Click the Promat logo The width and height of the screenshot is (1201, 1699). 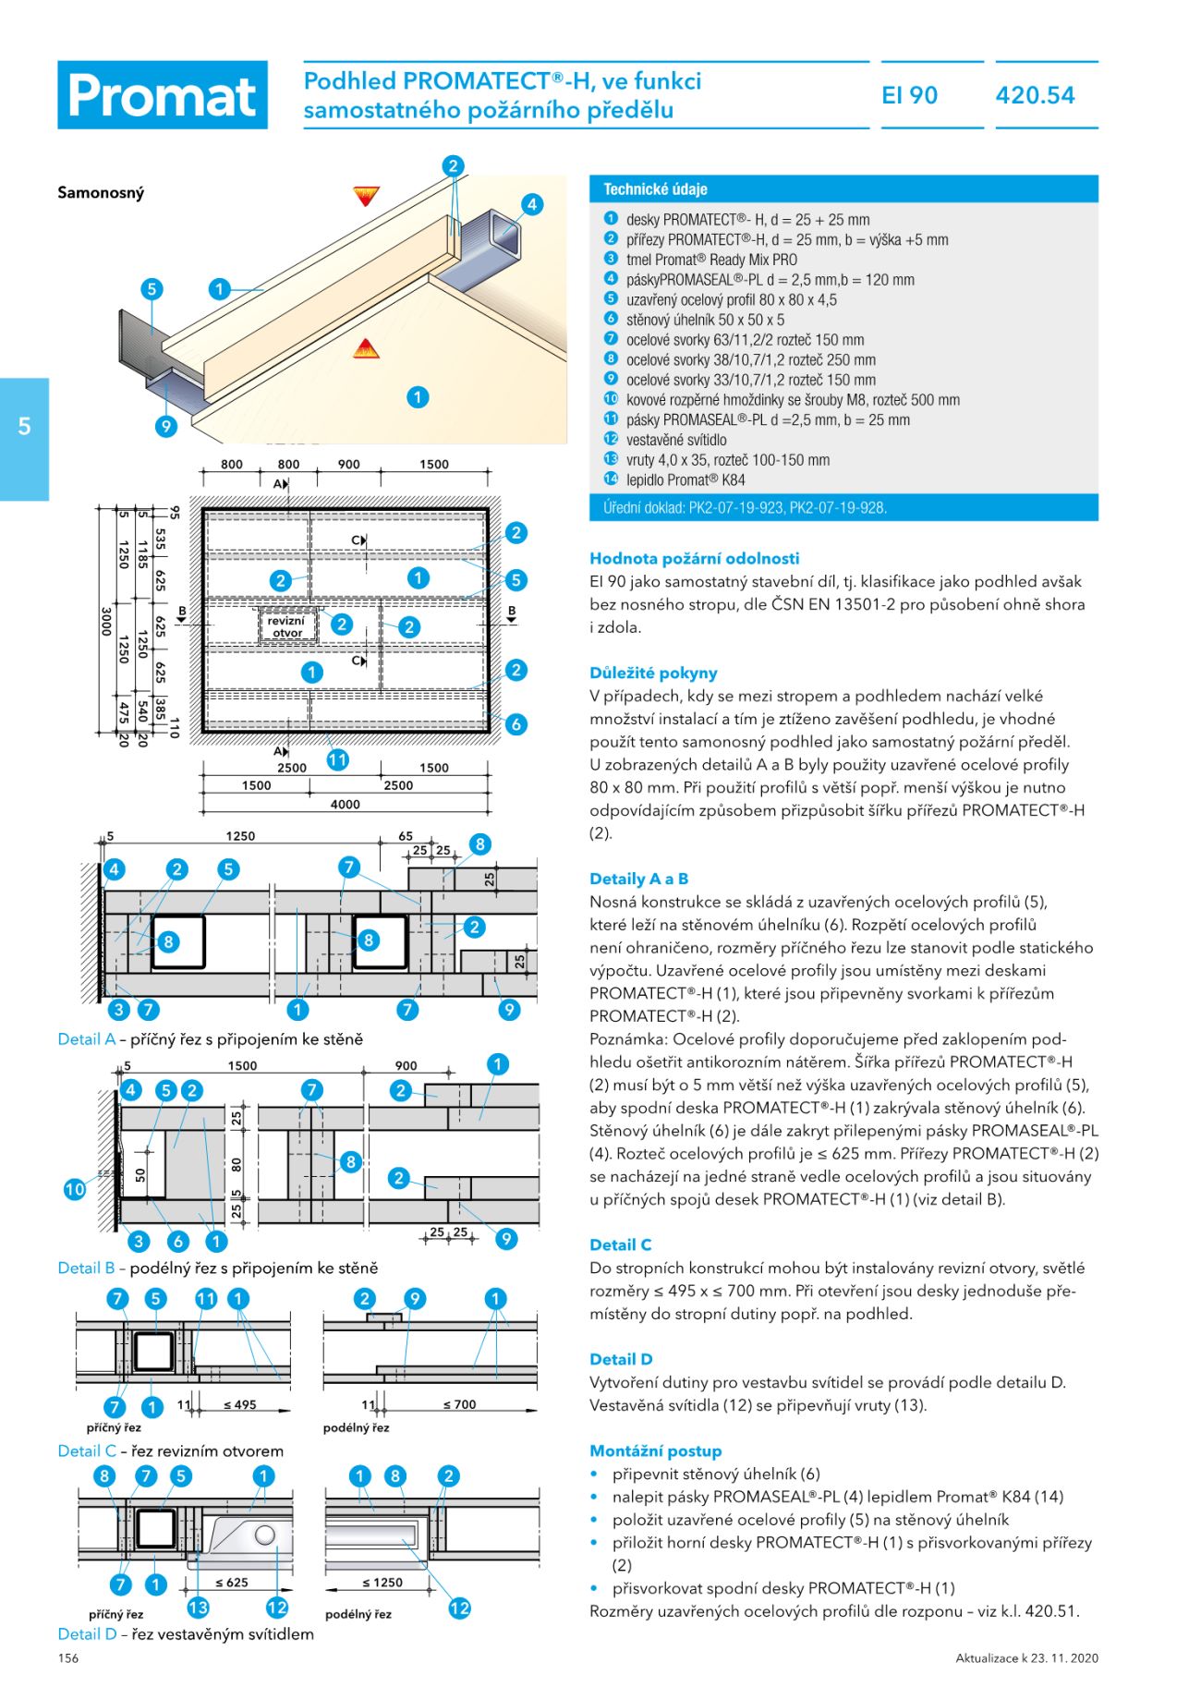(163, 95)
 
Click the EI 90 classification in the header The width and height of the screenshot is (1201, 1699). (909, 95)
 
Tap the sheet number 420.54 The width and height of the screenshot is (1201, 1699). (1035, 95)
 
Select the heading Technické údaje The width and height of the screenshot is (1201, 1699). (655, 189)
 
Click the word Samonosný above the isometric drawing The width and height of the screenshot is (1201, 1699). (101, 193)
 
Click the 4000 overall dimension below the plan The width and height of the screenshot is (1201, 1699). (345, 805)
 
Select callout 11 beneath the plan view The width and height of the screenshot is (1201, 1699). (337, 759)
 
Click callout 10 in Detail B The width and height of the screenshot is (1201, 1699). (75, 1189)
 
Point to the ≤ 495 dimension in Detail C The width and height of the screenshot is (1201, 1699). (239, 1405)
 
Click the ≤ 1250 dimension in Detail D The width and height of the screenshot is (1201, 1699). (382, 1583)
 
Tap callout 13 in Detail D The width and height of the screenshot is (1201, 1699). (198, 1608)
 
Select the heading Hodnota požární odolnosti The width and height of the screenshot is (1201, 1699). (694, 558)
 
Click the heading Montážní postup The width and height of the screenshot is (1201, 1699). (655, 1450)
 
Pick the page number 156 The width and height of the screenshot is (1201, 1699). (68, 1658)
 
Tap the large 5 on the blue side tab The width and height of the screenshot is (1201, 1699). (24, 427)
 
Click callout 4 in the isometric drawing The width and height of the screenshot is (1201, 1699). (531, 205)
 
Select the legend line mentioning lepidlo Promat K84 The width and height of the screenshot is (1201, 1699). (685, 479)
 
